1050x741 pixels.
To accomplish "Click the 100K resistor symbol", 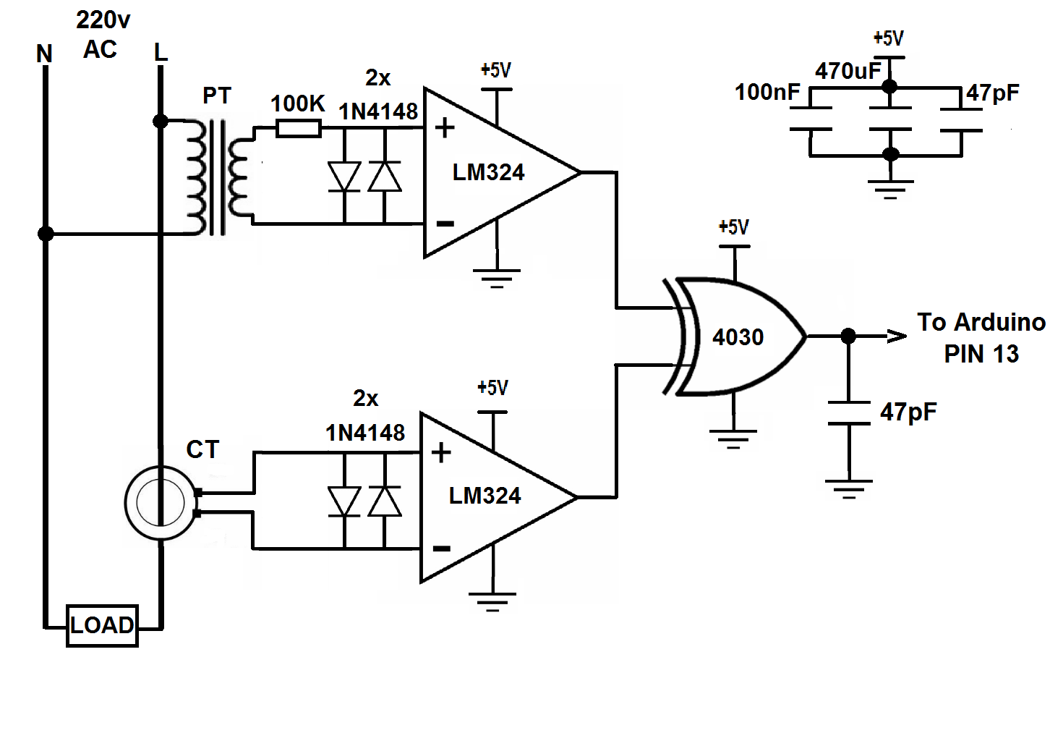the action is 299,128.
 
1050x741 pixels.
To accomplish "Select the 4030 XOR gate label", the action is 738,337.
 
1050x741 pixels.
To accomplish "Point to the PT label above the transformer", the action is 217,96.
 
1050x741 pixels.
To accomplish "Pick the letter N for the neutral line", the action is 45,54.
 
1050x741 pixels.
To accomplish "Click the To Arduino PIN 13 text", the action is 981,338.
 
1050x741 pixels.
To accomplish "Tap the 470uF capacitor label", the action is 848,72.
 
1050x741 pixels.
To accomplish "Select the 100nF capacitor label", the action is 767,93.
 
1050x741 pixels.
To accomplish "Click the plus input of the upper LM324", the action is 445,127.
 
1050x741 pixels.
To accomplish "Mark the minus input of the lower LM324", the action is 442,549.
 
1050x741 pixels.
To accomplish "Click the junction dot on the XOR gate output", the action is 848,336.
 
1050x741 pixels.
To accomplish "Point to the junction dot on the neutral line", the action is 46,234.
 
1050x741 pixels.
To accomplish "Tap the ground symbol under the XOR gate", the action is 733,439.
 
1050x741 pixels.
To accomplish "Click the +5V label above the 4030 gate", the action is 733,227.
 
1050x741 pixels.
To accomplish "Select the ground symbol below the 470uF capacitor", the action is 890,190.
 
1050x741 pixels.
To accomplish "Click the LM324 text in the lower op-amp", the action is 485,496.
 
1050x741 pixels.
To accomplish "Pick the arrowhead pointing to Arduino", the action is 896,336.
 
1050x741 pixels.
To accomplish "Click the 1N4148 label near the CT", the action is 365,433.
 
